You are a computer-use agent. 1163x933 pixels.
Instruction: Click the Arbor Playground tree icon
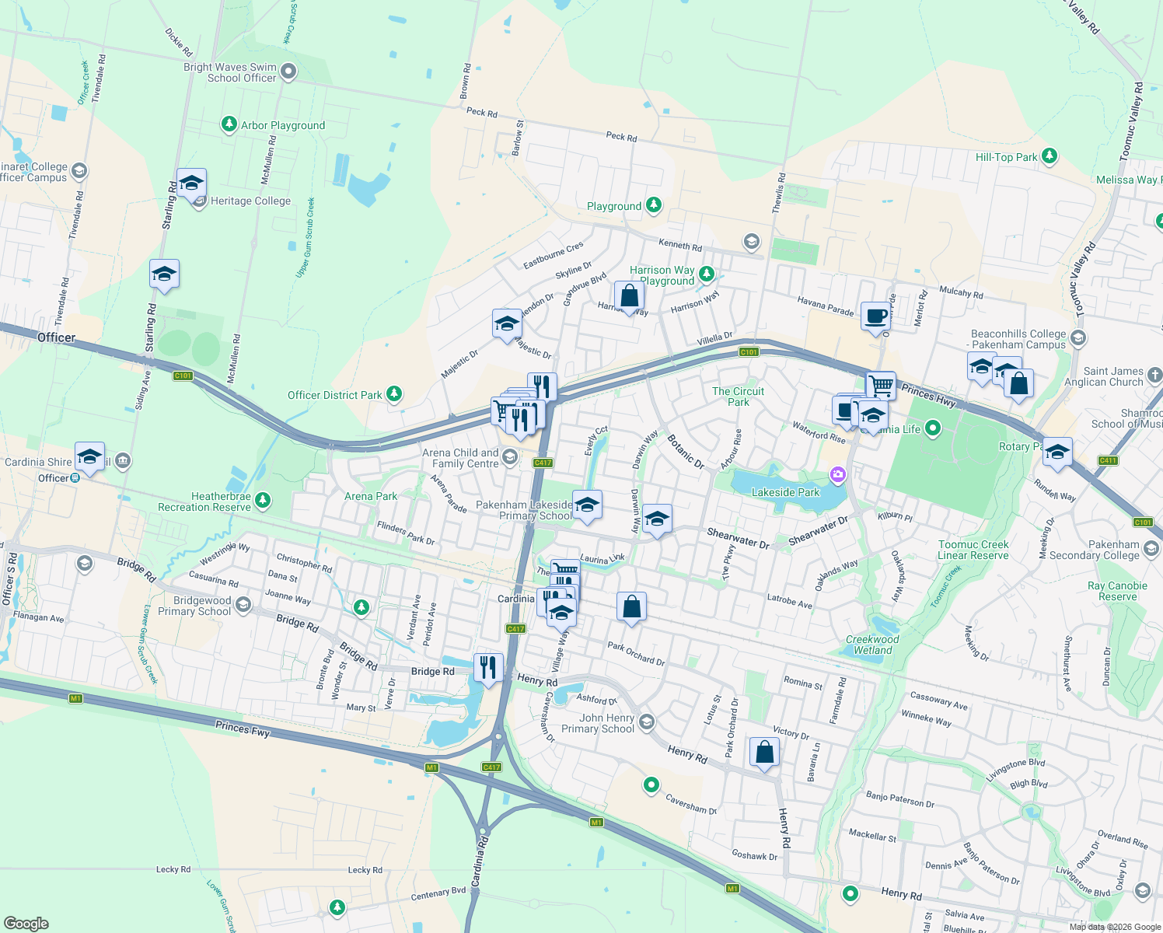tap(229, 124)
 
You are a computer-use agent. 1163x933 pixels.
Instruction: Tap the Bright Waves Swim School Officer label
tap(230, 73)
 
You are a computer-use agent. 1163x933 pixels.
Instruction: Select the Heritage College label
tap(250, 201)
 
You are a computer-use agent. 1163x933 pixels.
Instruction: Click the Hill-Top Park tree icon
tap(1049, 156)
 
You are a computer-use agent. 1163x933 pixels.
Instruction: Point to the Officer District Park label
tap(334, 396)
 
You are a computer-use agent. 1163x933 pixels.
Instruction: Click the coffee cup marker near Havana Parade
tap(875, 316)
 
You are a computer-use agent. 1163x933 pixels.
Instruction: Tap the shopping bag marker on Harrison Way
tap(629, 296)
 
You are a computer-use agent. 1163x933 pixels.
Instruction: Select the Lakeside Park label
tap(785, 492)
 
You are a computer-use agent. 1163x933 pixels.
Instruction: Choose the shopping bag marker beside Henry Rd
tap(764, 753)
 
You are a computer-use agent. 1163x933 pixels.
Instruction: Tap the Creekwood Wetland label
tap(872, 645)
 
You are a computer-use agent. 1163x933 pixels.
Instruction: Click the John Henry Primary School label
tap(598, 723)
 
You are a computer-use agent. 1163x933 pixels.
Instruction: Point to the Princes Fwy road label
tap(243, 728)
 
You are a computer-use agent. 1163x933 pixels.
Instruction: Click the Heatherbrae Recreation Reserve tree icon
tap(263, 500)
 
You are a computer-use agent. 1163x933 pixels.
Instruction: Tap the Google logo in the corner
tap(26, 924)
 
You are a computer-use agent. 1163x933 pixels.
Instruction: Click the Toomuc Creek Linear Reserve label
tap(973, 550)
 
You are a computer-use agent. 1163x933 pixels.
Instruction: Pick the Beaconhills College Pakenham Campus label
tap(1018, 339)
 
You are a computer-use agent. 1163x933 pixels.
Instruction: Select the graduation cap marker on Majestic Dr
tap(507, 323)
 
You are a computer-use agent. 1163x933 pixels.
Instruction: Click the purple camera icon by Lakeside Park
tap(837, 473)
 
